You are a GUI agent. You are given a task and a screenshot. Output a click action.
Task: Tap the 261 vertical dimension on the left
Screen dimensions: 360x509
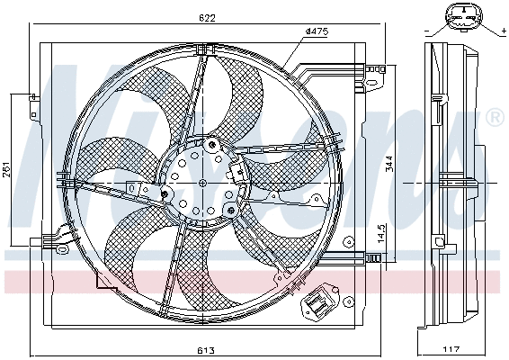(x=7, y=171)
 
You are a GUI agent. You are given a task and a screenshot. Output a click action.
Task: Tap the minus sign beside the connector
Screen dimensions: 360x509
(x=424, y=31)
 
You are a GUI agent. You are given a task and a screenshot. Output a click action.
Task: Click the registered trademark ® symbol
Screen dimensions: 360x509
(x=494, y=118)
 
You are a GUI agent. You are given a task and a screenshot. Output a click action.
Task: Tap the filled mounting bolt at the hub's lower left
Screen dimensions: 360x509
(x=165, y=193)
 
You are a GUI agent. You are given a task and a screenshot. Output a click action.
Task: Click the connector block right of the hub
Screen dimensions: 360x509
(x=239, y=172)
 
